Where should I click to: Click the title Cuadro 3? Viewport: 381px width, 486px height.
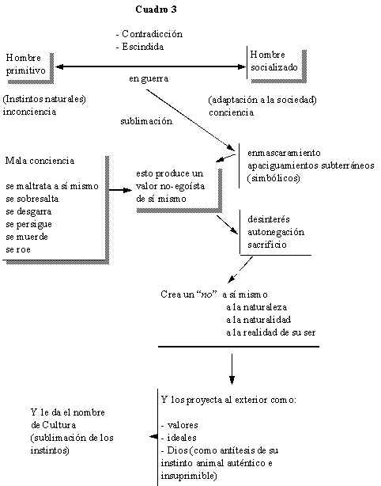pos(156,9)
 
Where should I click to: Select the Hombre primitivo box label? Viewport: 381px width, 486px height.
pos(25,64)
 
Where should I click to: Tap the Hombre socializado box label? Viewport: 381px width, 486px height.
pos(274,61)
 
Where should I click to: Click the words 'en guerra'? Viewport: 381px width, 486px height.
pos(149,78)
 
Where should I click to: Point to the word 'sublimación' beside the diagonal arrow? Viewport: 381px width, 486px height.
pos(146,121)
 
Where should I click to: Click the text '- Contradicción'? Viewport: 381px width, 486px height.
pos(149,34)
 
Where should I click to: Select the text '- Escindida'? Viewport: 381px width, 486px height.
pos(140,47)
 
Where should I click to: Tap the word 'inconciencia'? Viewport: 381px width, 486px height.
pos(30,112)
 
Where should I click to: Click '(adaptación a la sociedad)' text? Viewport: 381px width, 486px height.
pos(262,100)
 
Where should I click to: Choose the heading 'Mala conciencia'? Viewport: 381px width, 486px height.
pos(40,161)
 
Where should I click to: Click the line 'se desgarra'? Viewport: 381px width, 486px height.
pos(28,211)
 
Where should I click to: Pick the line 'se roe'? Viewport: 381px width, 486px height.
pos(18,249)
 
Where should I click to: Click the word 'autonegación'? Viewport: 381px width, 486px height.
pos(276,232)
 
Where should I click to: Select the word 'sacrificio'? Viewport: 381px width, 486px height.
pos(267,245)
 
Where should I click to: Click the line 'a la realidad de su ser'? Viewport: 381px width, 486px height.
pos(271,332)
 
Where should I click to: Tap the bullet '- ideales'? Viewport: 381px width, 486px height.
pos(179,438)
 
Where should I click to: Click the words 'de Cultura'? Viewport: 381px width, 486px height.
pos(54,424)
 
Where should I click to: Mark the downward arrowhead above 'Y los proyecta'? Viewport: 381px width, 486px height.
pos(232,380)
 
